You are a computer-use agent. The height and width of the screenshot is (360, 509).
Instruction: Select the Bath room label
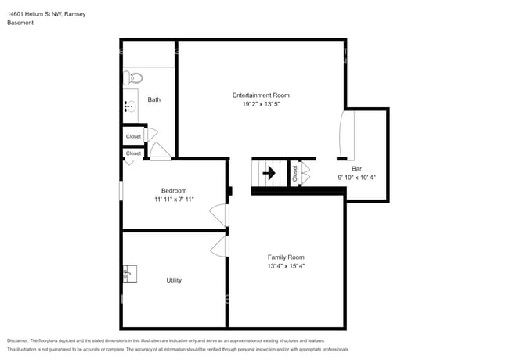pos(154,99)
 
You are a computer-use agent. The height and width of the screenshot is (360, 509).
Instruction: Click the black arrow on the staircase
pos(268,173)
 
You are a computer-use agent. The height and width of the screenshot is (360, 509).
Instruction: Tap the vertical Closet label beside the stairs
pos(295,174)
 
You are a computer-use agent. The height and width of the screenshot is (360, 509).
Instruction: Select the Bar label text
pos(356,168)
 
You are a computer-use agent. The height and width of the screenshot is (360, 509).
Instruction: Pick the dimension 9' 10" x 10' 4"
pos(356,178)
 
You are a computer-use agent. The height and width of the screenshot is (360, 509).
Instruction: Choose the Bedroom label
pos(174,191)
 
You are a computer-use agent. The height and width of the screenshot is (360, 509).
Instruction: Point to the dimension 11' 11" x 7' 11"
pos(174,200)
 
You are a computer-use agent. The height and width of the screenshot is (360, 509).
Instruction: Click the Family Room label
pos(286,257)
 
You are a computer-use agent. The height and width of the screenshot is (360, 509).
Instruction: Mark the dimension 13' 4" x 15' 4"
pos(286,266)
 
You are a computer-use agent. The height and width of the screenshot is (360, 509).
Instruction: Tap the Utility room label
pos(174,279)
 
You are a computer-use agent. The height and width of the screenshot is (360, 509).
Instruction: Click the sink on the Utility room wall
pos(129,274)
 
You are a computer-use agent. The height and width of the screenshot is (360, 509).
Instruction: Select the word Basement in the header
pos(21,23)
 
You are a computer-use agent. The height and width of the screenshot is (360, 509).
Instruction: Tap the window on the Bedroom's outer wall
pos(121,191)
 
